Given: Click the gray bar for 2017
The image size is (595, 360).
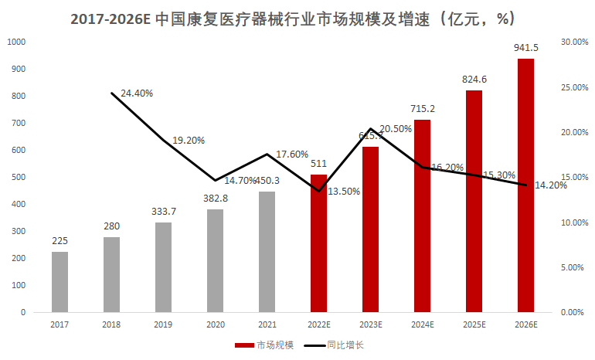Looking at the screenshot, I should (59, 282).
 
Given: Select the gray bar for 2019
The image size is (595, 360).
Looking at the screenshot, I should (163, 267).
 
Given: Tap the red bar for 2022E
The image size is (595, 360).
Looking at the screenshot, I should (318, 243).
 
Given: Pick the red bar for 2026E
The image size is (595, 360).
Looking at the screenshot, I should (525, 185).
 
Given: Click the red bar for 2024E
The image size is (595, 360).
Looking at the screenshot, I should (422, 216).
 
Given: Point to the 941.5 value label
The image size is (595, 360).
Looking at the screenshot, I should (525, 48).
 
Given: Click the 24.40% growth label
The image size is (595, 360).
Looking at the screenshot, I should (137, 93).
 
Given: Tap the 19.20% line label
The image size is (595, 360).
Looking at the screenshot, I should (189, 141).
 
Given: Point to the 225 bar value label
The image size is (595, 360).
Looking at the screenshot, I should (59, 240).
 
